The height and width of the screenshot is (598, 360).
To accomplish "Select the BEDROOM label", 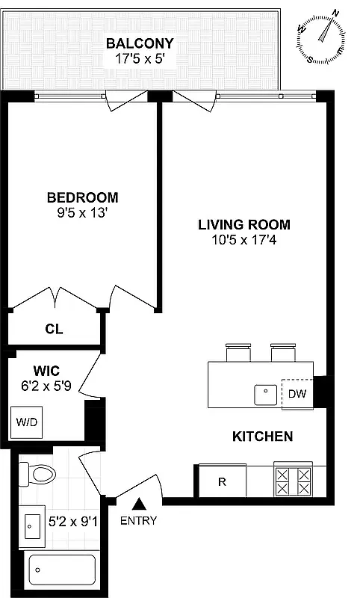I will [82, 197].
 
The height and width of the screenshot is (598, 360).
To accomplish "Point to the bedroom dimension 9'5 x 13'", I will [82, 212].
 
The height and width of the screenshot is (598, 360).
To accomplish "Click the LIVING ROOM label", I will [243, 224].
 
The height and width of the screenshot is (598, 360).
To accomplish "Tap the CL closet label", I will [53, 328].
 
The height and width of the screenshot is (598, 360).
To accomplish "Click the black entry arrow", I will [139, 507].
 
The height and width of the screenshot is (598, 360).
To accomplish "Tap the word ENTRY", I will [139, 521].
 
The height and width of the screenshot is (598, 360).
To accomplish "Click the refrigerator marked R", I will [222, 481].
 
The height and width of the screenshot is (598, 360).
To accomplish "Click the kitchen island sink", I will [264, 393].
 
